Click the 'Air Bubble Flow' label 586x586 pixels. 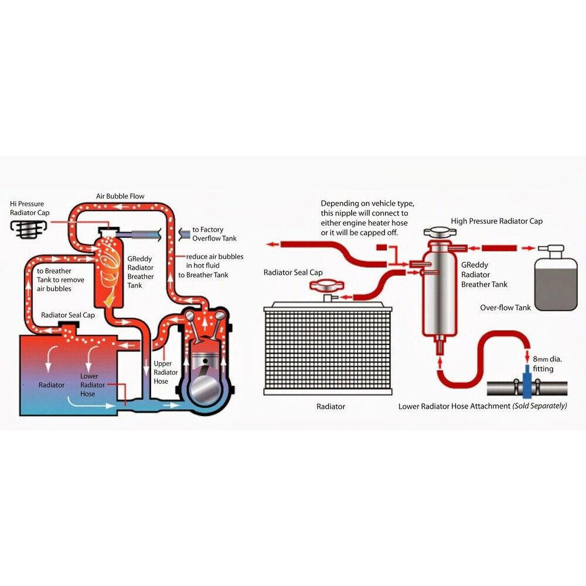[x=120, y=196]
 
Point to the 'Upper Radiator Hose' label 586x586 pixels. [x=162, y=372]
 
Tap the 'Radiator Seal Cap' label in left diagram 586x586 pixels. [x=68, y=315]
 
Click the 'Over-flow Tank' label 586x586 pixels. [x=506, y=308]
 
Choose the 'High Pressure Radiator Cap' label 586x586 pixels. [x=496, y=221]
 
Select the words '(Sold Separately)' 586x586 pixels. [x=540, y=406]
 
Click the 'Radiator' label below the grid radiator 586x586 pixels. [x=331, y=406]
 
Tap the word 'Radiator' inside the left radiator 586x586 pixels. [x=52, y=385]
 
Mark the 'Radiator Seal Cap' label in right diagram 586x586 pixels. [x=293, y=272]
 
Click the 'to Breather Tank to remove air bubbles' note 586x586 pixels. [x=60, y=280]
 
